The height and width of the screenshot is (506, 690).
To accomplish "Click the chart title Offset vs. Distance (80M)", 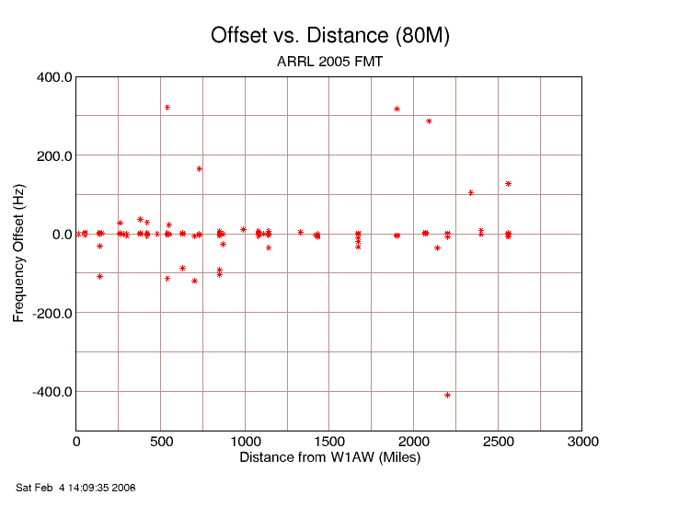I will click(x=329, y=36).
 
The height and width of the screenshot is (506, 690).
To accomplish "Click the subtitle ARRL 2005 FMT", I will click(x=329, y=63).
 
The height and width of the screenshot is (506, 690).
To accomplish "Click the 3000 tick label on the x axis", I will click(x=582, y=443).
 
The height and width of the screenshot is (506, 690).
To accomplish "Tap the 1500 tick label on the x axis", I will click(x=329, y=443).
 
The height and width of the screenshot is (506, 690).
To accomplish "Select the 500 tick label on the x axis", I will click(x=161, y=443).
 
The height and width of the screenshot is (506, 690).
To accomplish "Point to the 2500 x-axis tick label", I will click(x=499, y=443).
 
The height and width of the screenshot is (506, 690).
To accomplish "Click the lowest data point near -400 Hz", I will click(x=448, y=395).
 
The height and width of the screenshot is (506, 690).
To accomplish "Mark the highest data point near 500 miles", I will click(x=167, y=108).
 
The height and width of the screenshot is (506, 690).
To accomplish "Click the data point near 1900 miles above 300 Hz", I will click(x=397, y=109).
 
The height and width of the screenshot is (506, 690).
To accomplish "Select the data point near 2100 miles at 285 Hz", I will click(x=429, y=121).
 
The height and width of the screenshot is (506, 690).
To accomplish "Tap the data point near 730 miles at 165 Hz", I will click(x=199, y=168).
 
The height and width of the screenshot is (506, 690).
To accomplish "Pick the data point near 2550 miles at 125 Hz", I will click(x=508, y=184).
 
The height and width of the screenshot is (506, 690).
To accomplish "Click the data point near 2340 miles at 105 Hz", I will click(x=471, y=192).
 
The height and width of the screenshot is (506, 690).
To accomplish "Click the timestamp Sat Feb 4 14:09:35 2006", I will click(x=76, y=487).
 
